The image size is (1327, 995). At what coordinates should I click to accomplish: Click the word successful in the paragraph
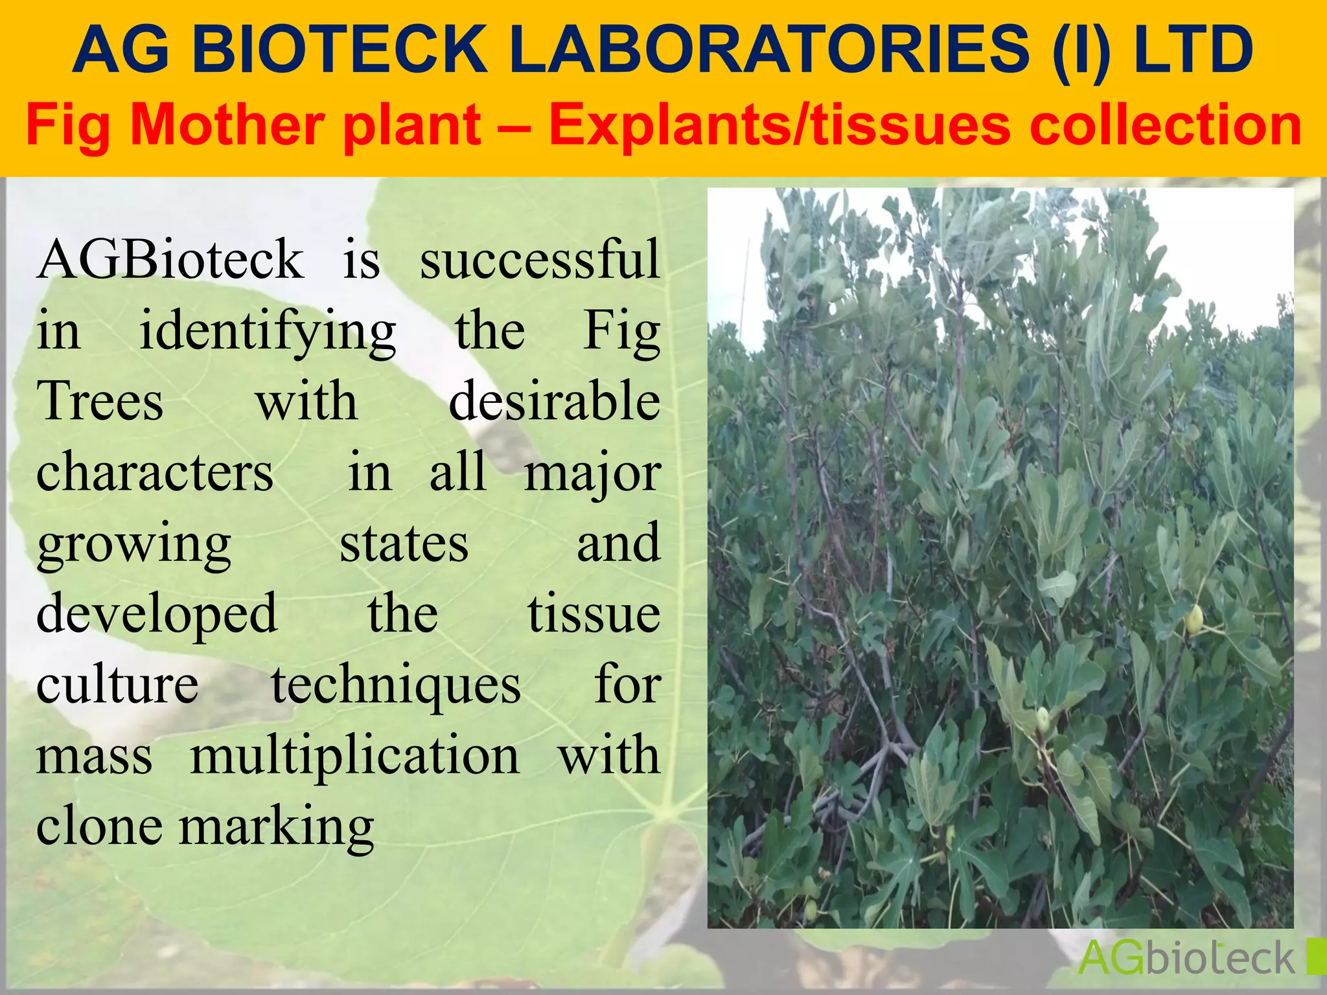point(540,259)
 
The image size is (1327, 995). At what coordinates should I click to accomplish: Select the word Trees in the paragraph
point(100,401)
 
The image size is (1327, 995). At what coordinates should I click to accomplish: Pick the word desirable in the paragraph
point(555,401)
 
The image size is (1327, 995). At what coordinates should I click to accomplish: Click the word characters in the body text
point(155,472)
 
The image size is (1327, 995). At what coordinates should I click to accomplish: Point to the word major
point(592,474)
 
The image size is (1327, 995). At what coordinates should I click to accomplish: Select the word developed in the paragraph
point(157,614)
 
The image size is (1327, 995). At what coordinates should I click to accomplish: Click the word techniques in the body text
point(396,685)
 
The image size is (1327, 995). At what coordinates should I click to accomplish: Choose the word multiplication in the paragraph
point(354,756)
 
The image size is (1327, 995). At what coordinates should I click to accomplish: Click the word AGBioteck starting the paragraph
point(170,259)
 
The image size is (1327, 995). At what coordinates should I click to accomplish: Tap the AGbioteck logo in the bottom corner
point(1186,957)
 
